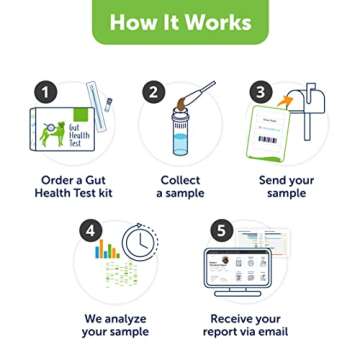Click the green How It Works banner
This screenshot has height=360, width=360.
click(180, 22)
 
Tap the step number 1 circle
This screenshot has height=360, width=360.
click(45, 93)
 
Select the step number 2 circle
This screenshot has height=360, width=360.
click(153, 93)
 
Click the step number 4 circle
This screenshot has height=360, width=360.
click(91, 230)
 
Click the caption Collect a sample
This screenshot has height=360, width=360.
click(180, 188)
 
